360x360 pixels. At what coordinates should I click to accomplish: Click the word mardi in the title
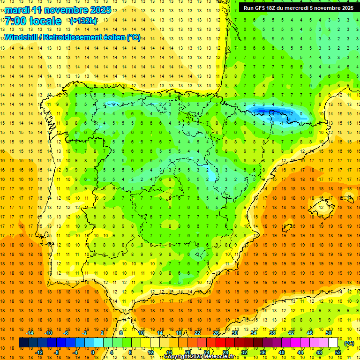[x=16, y=10]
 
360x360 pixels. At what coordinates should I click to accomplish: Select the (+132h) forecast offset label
[x=83, y=21]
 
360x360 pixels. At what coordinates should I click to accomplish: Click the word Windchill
[x=20, y=37]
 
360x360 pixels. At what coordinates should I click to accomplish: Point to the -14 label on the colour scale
[x=30, y=333]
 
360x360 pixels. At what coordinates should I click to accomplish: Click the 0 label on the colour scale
[x=92, y=352]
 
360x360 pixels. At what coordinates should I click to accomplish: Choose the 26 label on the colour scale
[x=216, y=333]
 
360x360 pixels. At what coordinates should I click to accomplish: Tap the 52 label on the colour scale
[x=338, y=352]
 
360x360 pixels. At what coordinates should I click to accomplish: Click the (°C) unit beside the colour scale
[x=349, y=343]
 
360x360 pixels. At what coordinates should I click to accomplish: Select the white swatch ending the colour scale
[x=333, y=343]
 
